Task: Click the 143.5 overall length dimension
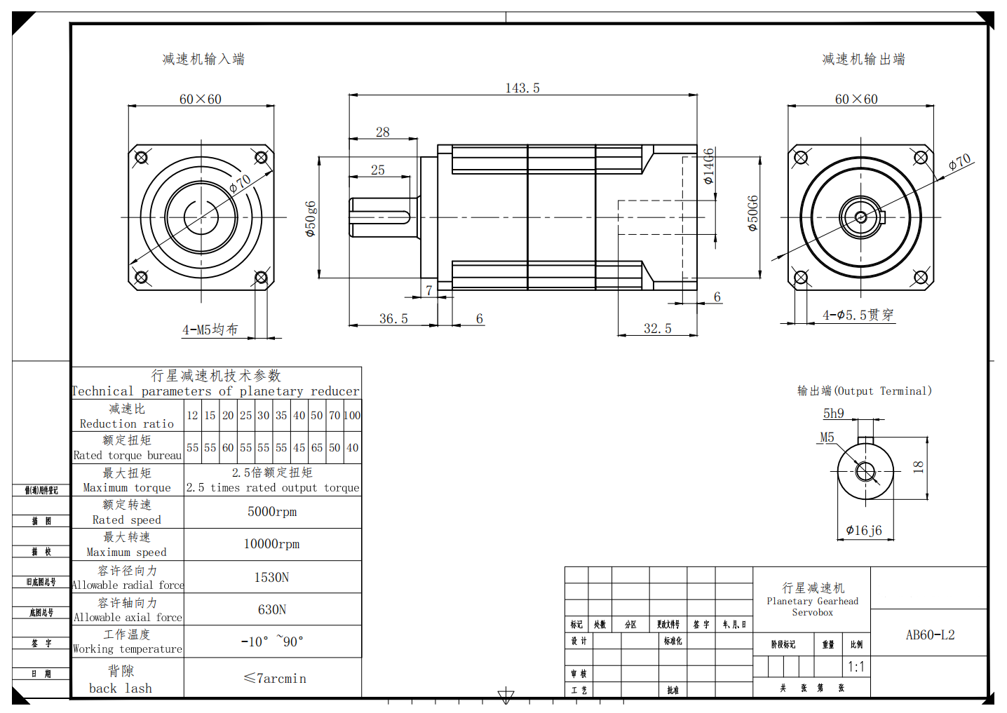[522, 88]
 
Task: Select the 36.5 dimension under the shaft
[393, 318]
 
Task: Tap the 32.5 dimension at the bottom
[657, 328]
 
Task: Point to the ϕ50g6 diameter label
[311, 218]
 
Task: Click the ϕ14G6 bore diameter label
[709, 166]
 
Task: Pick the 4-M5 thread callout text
[210, 330]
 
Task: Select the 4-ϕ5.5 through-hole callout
[858, 315]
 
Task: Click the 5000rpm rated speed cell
[272, 512]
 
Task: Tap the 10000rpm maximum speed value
[271, 544]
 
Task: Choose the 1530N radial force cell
[271, 577]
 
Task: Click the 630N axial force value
[271, 609]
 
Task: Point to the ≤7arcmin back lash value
[274, 678]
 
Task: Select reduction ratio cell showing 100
[352, 415]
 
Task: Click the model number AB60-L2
[930, 634]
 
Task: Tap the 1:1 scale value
[856, 667]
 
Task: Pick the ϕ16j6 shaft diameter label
[864, 530]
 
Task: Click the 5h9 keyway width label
[833, 414]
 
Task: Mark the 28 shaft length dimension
[382, 132]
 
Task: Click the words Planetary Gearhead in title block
[812, 601]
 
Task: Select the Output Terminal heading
[864, 391]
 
